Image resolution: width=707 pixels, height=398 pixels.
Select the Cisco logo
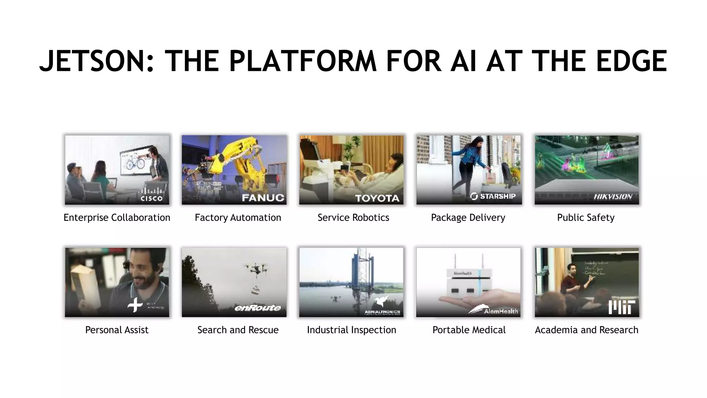click(x=152, y=195)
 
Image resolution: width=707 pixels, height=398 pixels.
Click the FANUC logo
click(x=263, y=198)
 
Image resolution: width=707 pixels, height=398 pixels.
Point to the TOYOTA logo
click(x=377, y=198)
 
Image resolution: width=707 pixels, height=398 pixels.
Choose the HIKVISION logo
click(x=613, y=197)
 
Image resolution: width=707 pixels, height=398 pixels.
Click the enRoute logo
click(x=258, y=307)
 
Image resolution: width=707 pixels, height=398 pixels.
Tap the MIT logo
click(x=621, y=307)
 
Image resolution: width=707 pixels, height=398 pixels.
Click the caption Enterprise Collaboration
click(x=117, y=218)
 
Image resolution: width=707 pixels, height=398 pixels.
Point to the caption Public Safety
click(x=585, y=218)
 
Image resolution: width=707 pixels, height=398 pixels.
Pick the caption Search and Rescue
click(x=238, y=330)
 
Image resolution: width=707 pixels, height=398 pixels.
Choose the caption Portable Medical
click(x=469, y=330)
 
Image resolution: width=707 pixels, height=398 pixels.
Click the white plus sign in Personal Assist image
click(x=135, y=304)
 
